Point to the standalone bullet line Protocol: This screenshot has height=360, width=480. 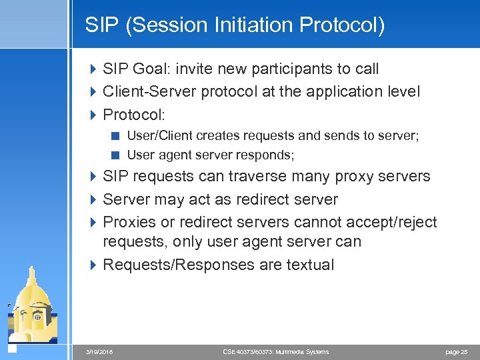click(x=134, y=114)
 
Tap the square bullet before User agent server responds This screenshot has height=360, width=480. click(x=115, y=155)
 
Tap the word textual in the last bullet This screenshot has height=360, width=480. click(x=310, y=265)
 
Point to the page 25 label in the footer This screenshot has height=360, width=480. click(x=456, y=351)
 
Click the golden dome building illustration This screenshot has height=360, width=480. click(x=33, y=307)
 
